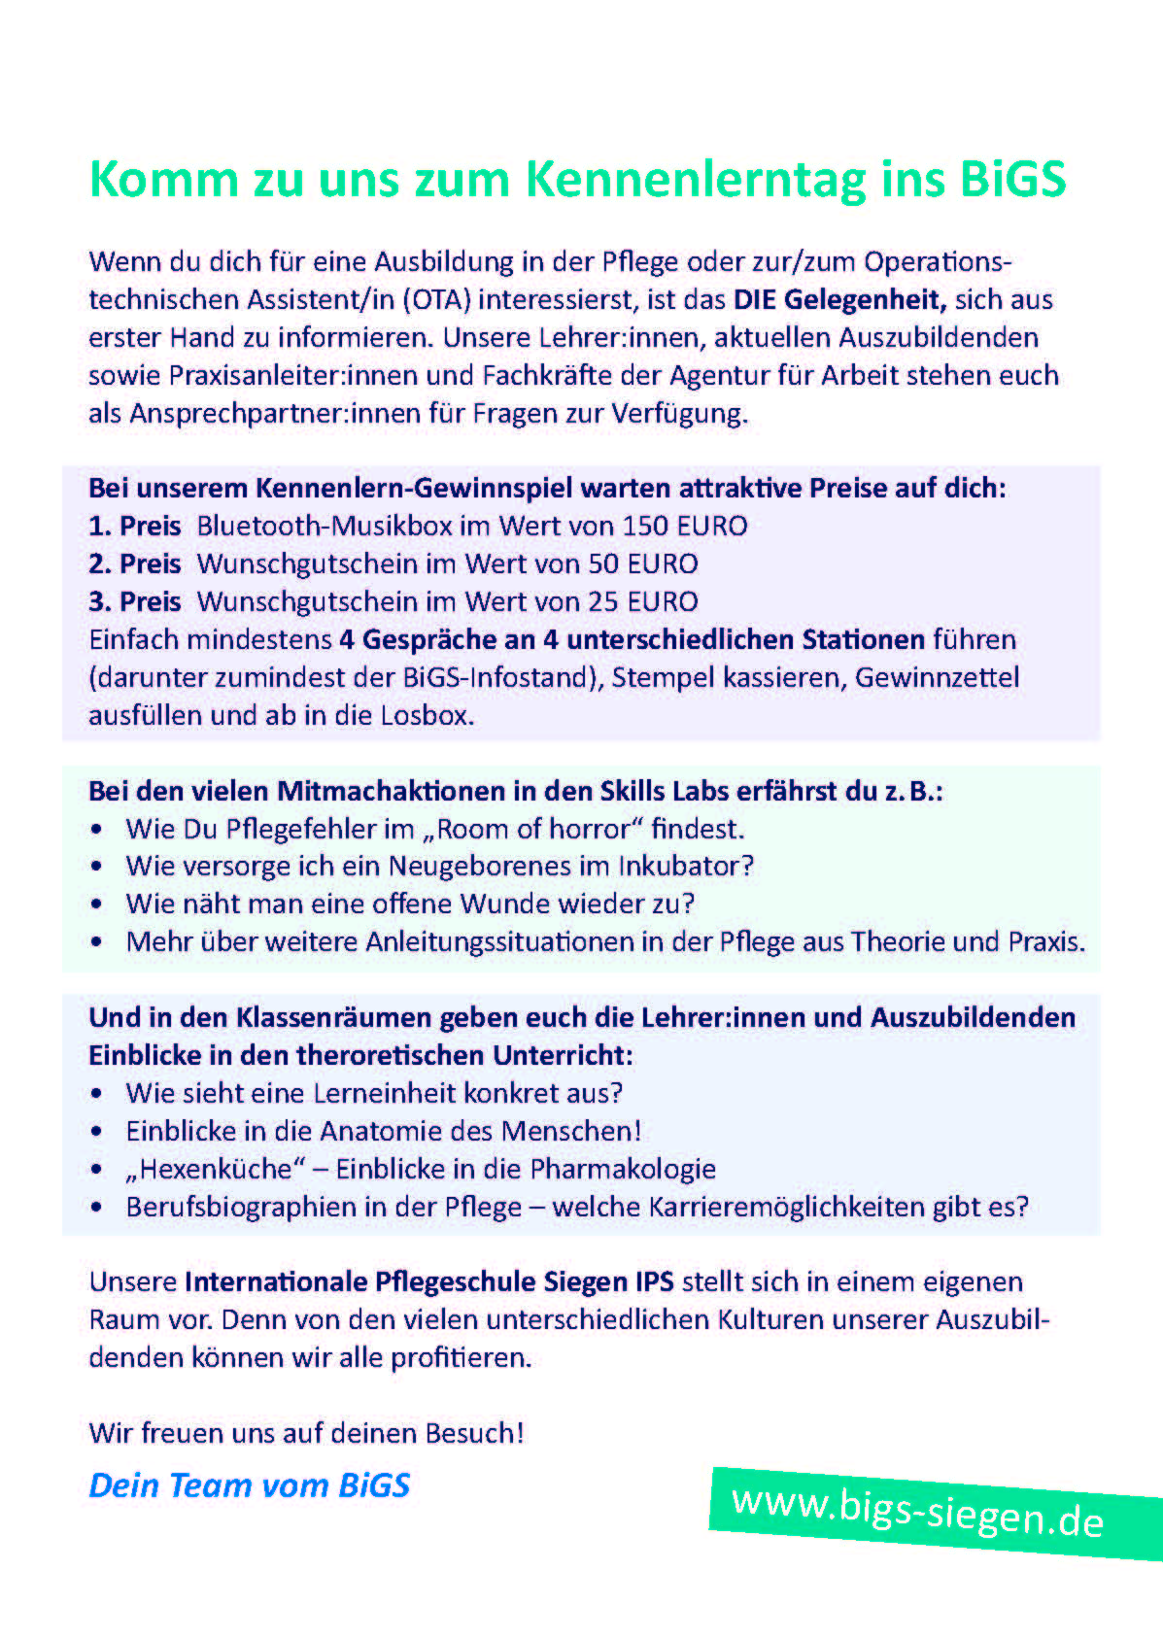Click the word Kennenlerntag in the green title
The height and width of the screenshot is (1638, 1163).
pyautogui.click(x=695, y=180)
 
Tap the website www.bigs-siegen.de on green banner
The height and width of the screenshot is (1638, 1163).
pyautogui.click(x=918, y=1512)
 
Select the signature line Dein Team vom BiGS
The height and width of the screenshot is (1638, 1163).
pyautogui.click(x=250, y=1485)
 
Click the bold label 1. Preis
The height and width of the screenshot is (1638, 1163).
pyautogui.click(x=134, y=526)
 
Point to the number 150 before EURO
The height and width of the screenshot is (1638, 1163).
pyautogui.click(x=645, y=526)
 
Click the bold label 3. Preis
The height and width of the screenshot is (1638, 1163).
pyautogui.click(x=134, y=601)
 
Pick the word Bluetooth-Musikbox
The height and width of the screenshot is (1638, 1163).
pyautogui.click(x=325, y=526)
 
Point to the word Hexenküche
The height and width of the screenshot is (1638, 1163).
pyautogui.click(x=216, y=1169)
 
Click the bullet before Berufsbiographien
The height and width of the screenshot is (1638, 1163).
pyautogui.click(x=96, y=1208)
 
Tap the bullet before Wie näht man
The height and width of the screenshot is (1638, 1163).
pyautogui.click(x=96, y=904)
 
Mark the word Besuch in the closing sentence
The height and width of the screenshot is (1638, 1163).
pyautogui.click(x=469, y=1433)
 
